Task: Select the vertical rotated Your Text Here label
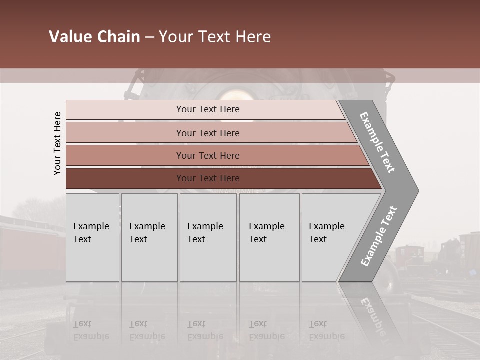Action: [57, 143]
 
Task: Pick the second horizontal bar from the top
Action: [208, 133]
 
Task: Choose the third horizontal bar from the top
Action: [208, 155]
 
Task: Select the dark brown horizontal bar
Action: [208, 178]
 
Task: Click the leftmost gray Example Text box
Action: [92, 237]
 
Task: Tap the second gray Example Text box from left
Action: [149, 237]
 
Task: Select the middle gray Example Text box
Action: [208, 237]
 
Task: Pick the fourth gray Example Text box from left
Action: [269, 237]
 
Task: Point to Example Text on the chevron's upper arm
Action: [377, 142]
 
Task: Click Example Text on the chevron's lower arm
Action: [379, 236]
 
